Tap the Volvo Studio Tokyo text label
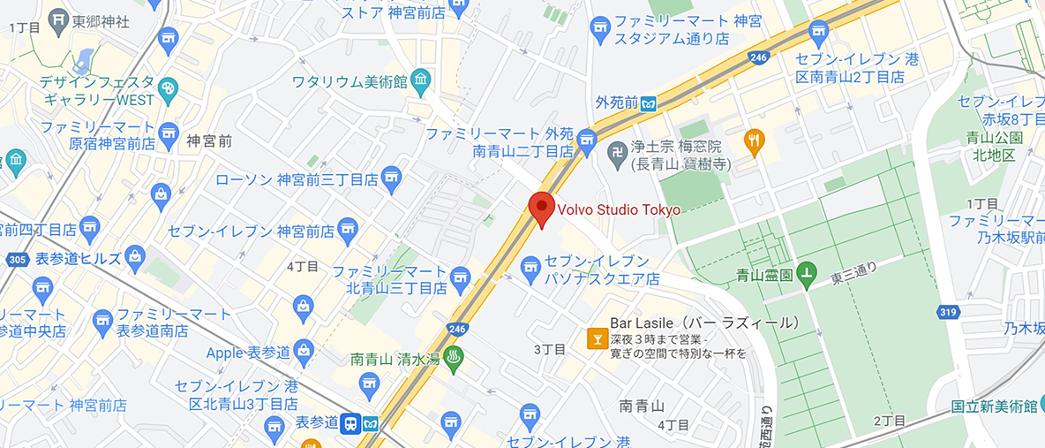(619, 210)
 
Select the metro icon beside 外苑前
(648, 104)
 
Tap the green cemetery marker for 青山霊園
(806, 273)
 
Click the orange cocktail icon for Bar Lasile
(597, 339)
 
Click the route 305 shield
(17, 259)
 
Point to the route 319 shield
(948, 312)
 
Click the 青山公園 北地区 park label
(994, 146)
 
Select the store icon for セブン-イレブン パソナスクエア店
(530, 267)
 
